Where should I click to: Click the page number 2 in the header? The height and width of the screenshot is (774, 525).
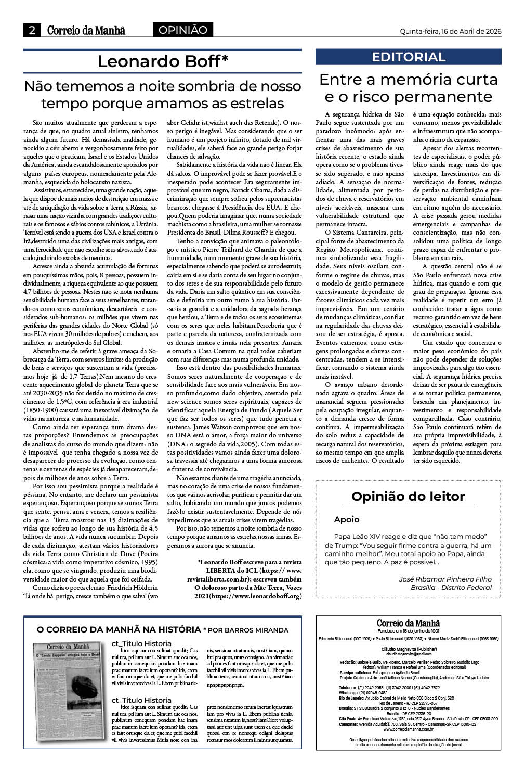click(32, 31)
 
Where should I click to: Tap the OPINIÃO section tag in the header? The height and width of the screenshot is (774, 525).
click(182, 30)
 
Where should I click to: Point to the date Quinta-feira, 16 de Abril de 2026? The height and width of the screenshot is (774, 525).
click(450, 31)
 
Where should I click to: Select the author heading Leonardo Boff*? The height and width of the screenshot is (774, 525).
click(163, 61)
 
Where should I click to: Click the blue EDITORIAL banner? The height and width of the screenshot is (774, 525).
click(409, 57)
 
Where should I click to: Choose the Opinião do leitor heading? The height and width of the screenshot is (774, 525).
click(408, 496)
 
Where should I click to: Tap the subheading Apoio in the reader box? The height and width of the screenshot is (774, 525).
click(347, 519)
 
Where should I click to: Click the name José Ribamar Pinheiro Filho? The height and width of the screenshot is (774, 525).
click(445, 579)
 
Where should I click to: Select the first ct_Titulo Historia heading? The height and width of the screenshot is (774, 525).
click(141, 643)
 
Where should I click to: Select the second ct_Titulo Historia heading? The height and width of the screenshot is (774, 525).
click(141, 700)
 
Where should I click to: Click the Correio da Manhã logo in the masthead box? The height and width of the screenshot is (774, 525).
click(409, 623)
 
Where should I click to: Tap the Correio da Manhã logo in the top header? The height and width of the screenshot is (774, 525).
click(86, 31)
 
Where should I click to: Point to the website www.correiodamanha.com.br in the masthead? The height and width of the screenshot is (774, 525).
click(409, 729)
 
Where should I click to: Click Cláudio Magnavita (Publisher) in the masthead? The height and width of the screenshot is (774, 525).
click(409, 649)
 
